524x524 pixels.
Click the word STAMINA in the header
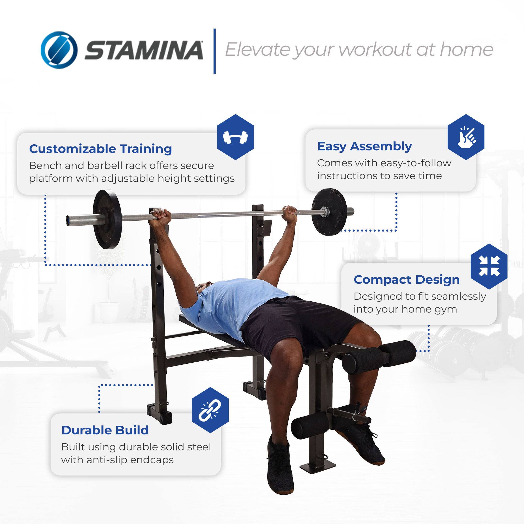coord(144,51)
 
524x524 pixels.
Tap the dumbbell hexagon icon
coord(235,137)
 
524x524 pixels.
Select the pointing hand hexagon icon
coord(466,137)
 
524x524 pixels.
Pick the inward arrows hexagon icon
coord(489,266)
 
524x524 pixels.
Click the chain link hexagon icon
coord(210,410)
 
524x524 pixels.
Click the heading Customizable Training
coord(100,149)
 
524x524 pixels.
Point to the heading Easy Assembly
coord(364,146)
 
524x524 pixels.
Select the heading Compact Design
coord(407,280)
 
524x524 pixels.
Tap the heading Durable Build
coord(105,430)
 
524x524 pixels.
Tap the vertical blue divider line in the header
coord(214,51)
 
